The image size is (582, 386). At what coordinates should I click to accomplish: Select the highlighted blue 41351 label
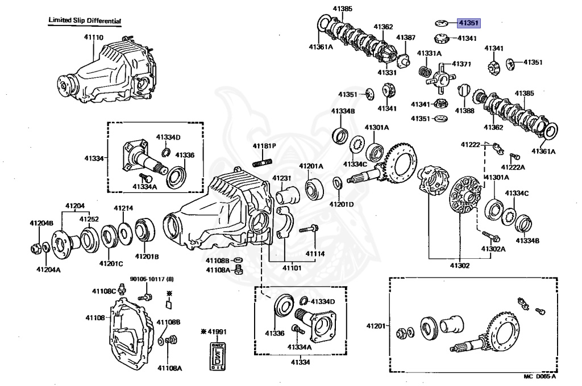click(x=468, y=24)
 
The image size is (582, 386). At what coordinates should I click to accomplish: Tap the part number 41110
click(x=94, y=37)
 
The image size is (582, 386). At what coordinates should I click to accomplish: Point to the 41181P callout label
click(x=264, y=146)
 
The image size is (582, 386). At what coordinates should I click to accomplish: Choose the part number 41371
click(x=460, y=64)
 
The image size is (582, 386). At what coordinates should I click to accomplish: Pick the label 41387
click(x=406, y=37)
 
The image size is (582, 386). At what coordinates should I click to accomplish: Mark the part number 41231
click(x=281, y=178)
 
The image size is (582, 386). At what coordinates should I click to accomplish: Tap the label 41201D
click(x=343, y=203)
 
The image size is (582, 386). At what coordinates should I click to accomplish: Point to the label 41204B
click(x=41, y=224)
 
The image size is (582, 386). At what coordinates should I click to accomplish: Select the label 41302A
click(x=493, y=249)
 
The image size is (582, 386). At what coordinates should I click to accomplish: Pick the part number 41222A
click(x=513, y=167)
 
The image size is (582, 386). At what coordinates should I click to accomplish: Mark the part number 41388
click(x=464, y=110)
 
